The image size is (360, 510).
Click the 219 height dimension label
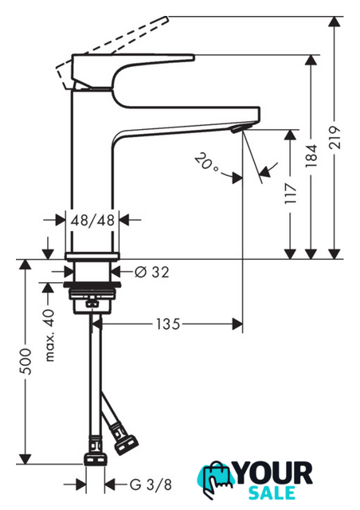click(335, 138)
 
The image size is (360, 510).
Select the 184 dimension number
click(311, 156)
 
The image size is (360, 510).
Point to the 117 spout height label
click(291, 194)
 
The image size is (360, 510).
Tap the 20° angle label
click(206, 162)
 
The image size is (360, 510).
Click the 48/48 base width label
click(92, 220)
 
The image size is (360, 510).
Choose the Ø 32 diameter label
click(152, 272)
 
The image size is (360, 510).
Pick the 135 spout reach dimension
click(168, 324)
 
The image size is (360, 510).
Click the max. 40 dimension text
click(49, 335)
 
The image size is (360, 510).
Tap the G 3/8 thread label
click(151, 485)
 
